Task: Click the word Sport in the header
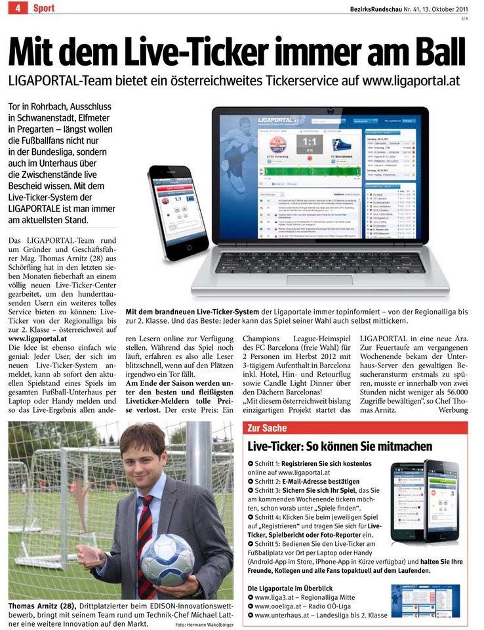click(x=44, y=9)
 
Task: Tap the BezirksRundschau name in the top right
click(x=380, y=8)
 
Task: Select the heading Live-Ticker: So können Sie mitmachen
click(x=340, y=446)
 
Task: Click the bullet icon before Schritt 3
click(x=251, y=489)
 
